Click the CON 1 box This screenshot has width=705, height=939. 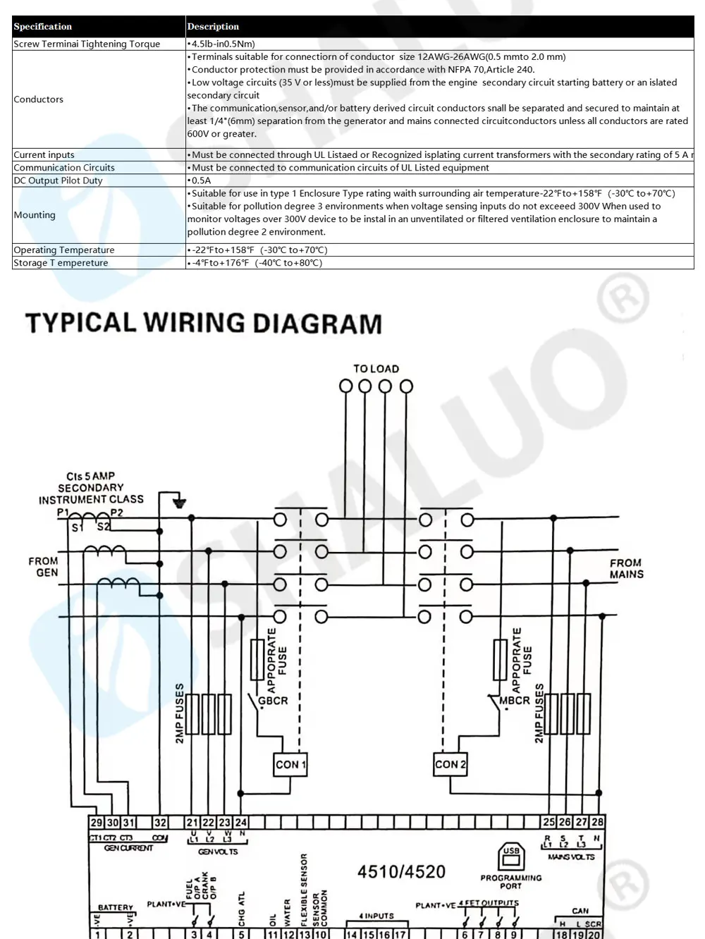pos(290,764)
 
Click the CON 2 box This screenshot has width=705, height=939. pos(450,764)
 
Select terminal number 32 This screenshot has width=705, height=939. pos(161,822)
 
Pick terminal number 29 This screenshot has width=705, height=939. pos(97,822)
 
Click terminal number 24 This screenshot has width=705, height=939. pos(241,822)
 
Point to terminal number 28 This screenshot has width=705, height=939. pos(597,822)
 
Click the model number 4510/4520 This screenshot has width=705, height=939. pos(401,872)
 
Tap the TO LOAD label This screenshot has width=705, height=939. pos(376,369)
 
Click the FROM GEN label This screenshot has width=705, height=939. pos(44,567)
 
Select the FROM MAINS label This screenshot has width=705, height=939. pos(626,568)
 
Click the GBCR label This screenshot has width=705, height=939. pos(273,701)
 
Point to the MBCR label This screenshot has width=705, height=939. pos(515,701)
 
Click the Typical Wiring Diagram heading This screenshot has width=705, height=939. pos(204,324)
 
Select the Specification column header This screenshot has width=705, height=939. pos(43,27)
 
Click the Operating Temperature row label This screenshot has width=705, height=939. pos(64,250)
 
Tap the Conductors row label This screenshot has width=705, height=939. pos(39,99)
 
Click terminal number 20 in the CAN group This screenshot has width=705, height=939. pos(594,935)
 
